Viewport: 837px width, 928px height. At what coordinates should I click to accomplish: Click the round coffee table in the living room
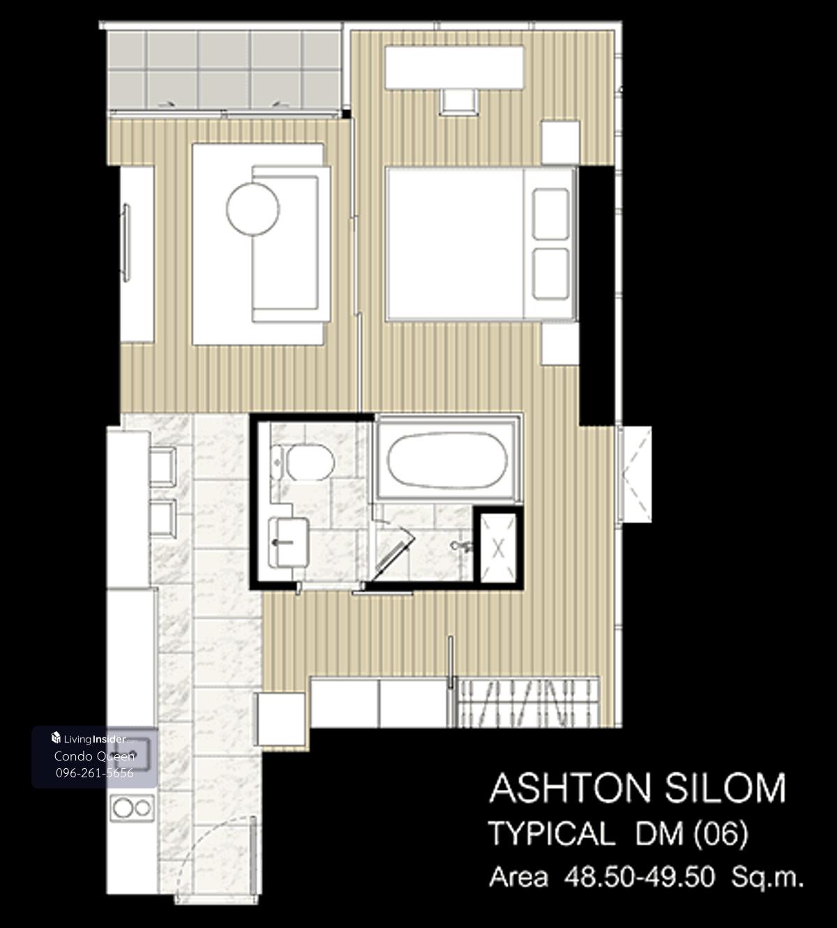point(252,209)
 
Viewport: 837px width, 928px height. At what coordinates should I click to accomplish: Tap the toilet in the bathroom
point(303,463)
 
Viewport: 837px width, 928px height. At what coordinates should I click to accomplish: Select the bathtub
point(446,460)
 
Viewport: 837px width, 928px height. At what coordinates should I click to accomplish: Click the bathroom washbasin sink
point(288,542)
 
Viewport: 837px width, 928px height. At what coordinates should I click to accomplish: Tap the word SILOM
point(725,788)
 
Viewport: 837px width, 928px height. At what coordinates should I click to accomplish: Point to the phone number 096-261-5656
point(95,773)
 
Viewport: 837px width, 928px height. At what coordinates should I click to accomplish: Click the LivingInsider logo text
point(95,739)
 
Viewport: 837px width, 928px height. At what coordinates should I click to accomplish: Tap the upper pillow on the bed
point(550,214)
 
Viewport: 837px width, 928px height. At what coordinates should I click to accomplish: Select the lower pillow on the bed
point(550,274)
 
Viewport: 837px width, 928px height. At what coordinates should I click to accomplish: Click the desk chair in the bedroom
point(458,102)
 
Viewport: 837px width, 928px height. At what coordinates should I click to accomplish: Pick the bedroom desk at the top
point(455,66)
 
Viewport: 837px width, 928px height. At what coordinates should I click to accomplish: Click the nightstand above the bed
point(561,142)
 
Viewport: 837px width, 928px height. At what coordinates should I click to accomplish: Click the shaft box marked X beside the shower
point(499,549)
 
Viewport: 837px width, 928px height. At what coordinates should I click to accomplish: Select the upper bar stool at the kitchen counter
point(163,466)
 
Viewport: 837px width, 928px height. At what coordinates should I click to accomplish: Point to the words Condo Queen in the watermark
point(94,756)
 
